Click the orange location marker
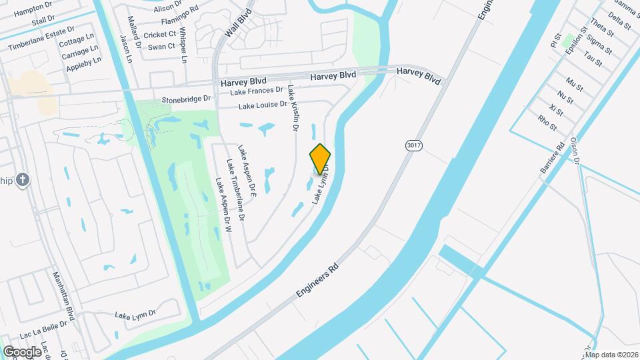click(320, 159)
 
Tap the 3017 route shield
click(413, 145)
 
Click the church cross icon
click(23, 179)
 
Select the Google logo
click(22, 351)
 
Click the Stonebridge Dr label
click(186, 99)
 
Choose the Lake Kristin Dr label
click(291, 107)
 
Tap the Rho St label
click(547, 121)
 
